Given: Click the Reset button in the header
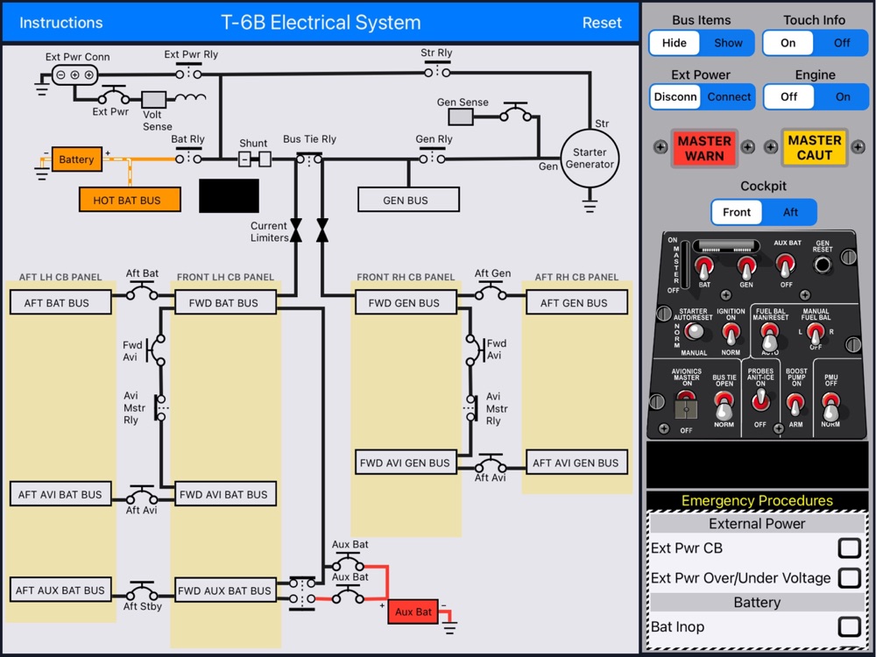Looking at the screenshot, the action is pos(602,23).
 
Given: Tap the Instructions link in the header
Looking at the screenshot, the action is pos(61,23).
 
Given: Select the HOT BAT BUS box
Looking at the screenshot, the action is pos(130,200).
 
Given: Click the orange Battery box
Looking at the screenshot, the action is pos(76,159).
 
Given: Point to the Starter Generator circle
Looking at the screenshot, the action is pos(590,159).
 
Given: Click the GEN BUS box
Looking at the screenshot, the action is pos(408,200).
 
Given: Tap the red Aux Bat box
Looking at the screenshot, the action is pos(413,611).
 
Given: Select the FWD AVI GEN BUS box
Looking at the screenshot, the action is pos(406,463).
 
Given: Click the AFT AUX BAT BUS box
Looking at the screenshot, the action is pos(60,590).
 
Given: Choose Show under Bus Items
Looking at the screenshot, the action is pos(728,43).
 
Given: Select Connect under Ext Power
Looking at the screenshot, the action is pos(729,96).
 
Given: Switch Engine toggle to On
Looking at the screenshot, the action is pos(843,96).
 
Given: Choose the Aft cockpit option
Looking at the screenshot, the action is pos(790,212).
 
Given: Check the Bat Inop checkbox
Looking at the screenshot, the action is pos(849,627).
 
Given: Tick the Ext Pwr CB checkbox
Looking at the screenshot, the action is pos(849,548).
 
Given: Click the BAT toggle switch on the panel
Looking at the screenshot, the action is pos(704,268).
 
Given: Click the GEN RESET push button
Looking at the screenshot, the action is pos(823,265).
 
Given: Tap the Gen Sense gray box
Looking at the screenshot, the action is pos(461,117).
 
